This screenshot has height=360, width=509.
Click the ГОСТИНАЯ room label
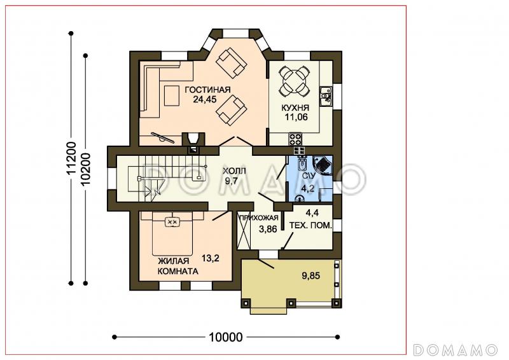pos(207,90)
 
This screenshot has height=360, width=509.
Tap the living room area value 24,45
pos(205,99)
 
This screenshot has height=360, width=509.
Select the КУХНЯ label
pos(295,107)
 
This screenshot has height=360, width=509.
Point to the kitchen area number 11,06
pos(296,117)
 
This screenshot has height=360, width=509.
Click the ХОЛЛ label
pos(234,171)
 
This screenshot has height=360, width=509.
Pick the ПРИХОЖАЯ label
pos(259,218)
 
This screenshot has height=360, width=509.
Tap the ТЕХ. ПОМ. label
pos(310,225)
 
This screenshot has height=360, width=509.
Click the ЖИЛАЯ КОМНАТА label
pos(178,267)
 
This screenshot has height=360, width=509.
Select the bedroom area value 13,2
pos(211,258)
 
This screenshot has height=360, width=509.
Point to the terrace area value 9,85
pos(310,276)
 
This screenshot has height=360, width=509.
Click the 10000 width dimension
pos(226,337)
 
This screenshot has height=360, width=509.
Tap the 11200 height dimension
pos(71,158)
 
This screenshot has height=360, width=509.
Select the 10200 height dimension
pos(86,169)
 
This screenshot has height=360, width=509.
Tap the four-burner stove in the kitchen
pos(295,139)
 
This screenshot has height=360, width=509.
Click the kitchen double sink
pos(326,96)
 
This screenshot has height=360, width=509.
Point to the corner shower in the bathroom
pos(323,165)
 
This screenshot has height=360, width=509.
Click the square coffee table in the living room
pos(172,95)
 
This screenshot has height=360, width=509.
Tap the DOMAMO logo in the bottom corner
pos(456,350)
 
